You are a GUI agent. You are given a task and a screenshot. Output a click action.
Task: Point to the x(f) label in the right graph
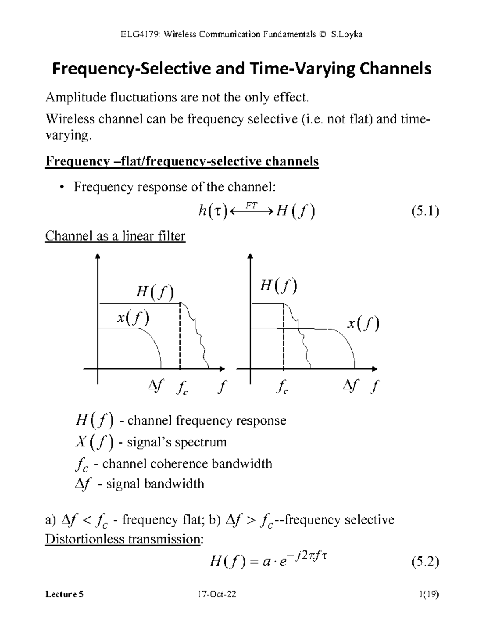coord(363,324)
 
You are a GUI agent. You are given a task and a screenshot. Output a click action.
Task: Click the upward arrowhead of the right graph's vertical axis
coord(251,256)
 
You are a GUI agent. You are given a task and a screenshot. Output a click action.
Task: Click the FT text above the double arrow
coord(252,205)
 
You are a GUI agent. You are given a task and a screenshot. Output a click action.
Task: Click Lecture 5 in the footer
coord(64,594)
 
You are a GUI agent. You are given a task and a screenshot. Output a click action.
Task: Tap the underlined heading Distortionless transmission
coord(123,539)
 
